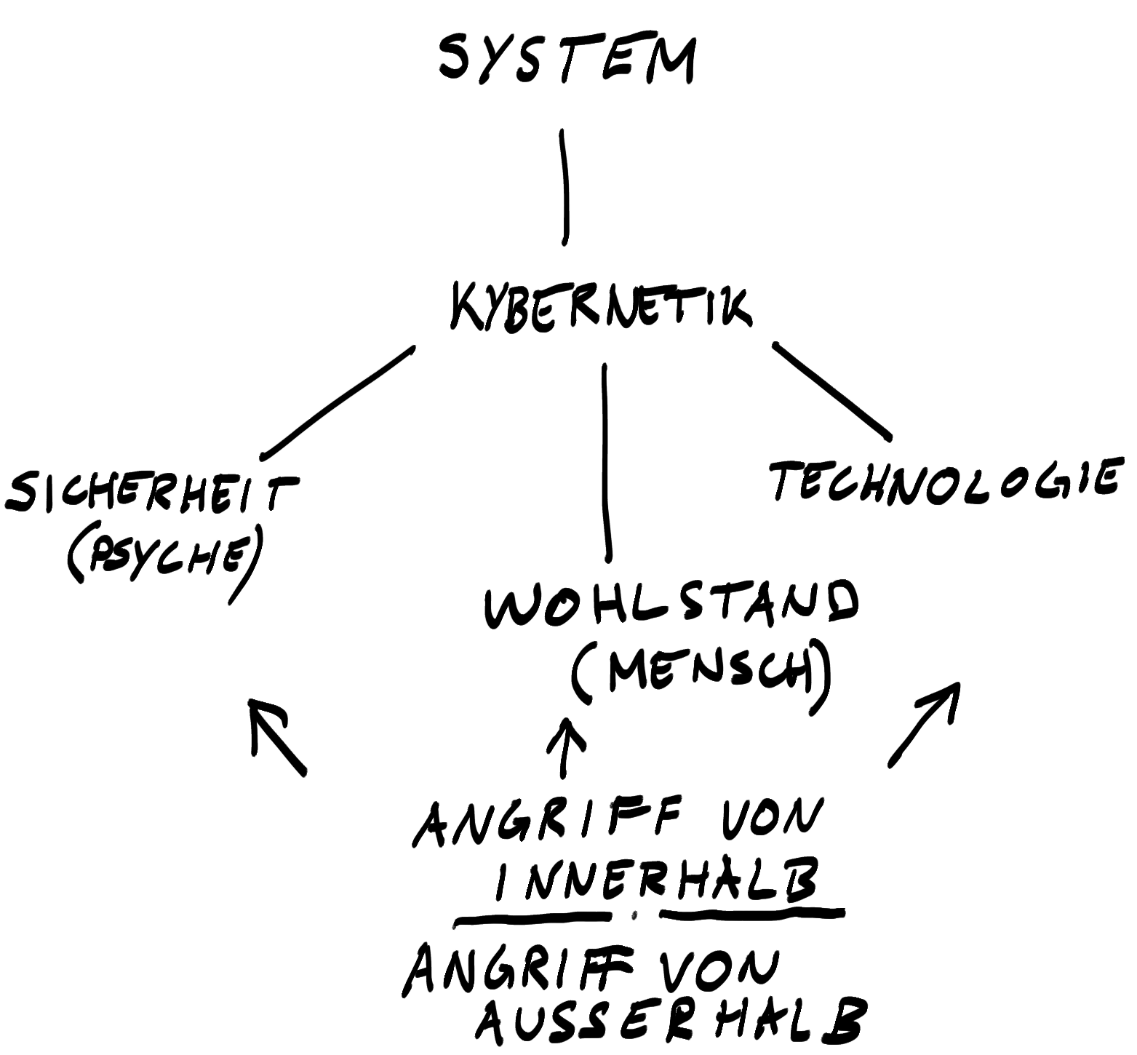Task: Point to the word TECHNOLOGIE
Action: pos(943,480)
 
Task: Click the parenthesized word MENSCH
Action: pos(701,673)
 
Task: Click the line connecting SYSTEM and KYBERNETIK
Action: pos(564,186)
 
